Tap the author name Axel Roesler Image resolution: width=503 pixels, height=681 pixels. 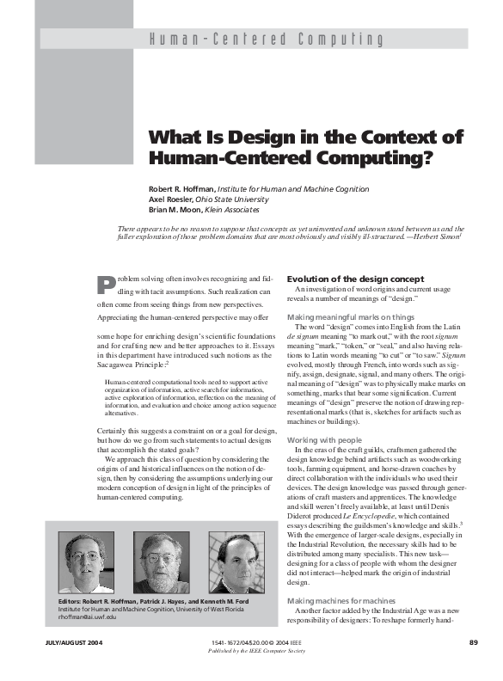[x=172, y=198]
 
